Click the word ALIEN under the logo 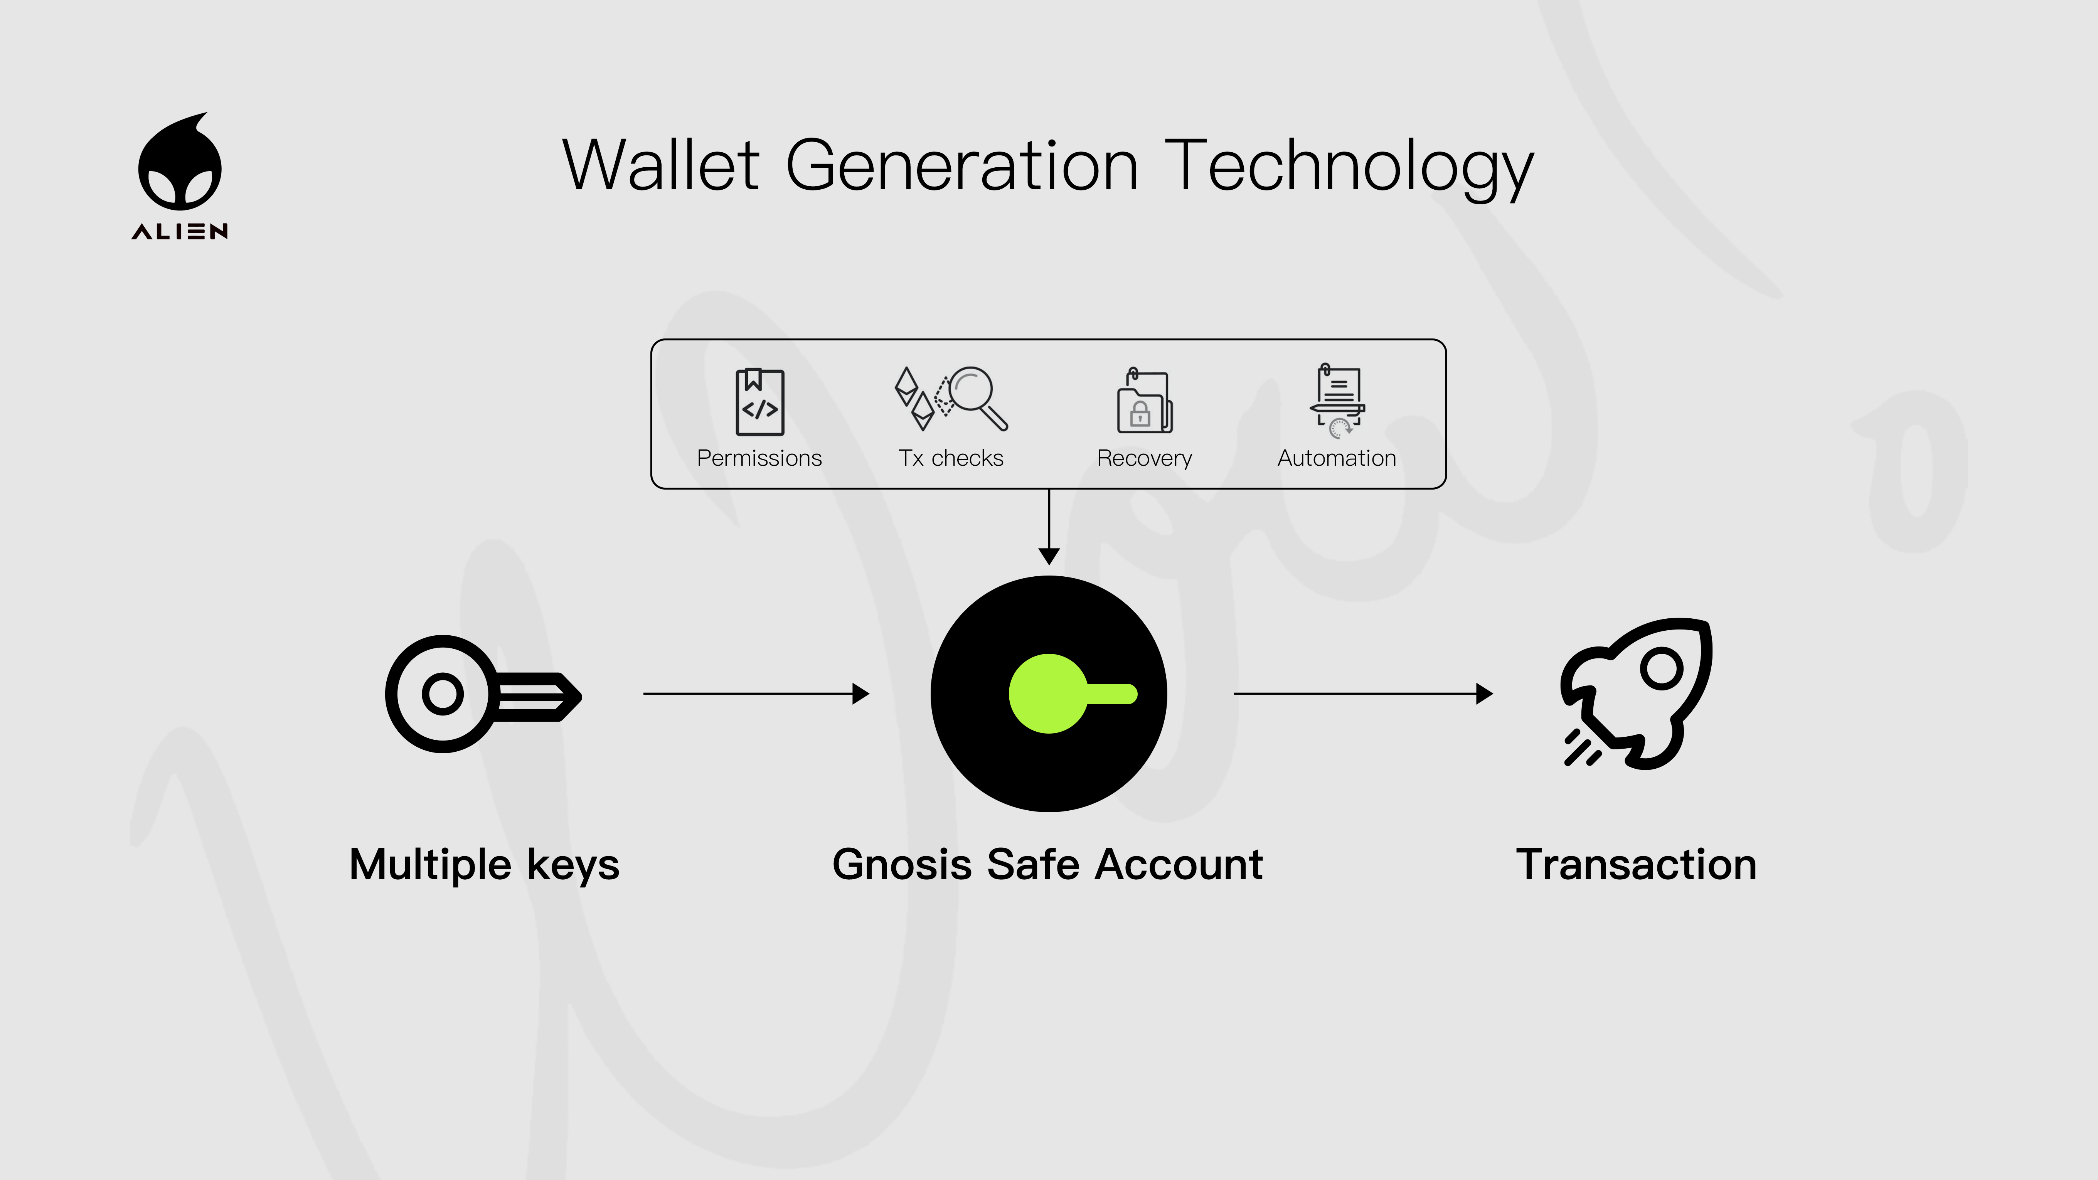click(180, 232)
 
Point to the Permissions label click(759, 458)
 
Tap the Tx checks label click(950, 458)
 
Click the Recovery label click(1144, 458)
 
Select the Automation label click(1337, 458)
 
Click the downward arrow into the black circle click(1049, 527)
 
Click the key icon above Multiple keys click(483, 694)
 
